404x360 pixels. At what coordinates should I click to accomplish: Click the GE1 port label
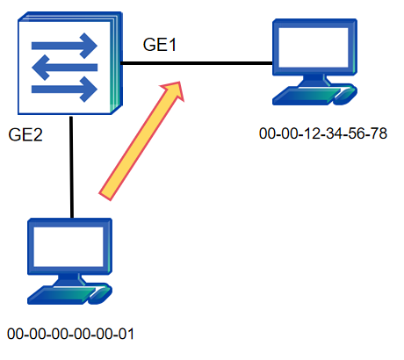[x=160, y=45]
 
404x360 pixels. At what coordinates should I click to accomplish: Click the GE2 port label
[x=25, y=134]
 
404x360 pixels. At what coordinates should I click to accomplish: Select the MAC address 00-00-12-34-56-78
[x=323, y=133]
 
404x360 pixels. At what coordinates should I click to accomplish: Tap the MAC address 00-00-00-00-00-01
[x=70, y=334]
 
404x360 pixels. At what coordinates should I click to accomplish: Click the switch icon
[x=70, y=63]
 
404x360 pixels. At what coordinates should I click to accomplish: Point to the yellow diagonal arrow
[x=141, y=141]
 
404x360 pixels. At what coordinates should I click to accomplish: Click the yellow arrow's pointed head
[x=179, y=83]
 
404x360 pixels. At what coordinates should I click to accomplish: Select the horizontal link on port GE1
[x=197, y=63]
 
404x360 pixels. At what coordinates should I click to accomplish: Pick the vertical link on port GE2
[x=71, y=167]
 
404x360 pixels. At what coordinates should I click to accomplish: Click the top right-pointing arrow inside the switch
[x=64, y=46]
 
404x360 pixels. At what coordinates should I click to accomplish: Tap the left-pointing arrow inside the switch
[x=64, y=68]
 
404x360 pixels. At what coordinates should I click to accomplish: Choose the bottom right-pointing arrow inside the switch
[x=64, y=89]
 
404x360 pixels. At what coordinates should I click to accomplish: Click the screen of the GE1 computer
[x=314, y=47]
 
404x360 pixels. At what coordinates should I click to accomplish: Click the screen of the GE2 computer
[x=69, y=247]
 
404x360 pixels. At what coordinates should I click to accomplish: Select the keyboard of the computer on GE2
[x=62, y=294]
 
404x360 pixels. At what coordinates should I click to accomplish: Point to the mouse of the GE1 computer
[x=345, y=96]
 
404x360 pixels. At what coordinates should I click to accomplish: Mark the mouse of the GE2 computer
[x=100, y=295]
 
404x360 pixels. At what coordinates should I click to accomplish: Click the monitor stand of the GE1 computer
[x=314, y=81]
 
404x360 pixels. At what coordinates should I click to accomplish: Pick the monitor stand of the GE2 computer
[x=69, y=280]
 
